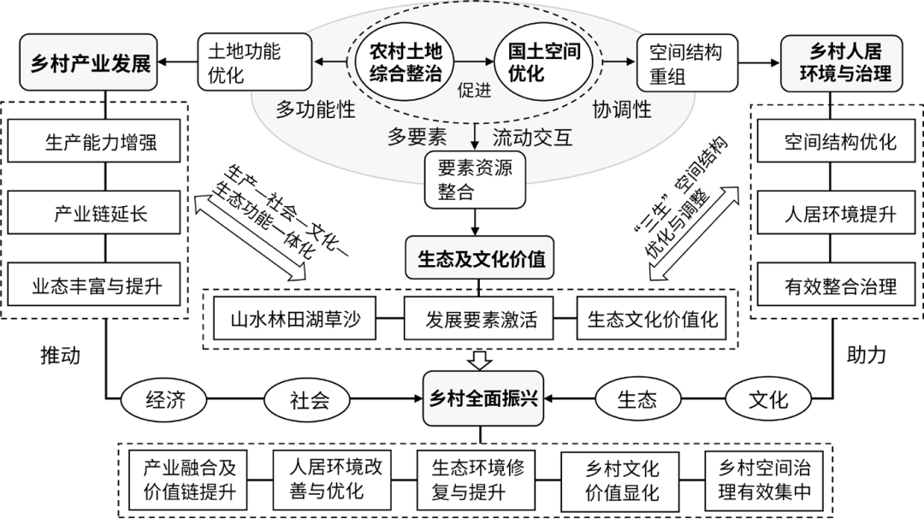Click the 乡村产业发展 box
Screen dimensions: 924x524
88,62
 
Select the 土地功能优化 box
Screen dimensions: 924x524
254,62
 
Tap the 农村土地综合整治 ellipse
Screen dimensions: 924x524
406,62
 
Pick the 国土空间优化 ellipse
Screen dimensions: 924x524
544,62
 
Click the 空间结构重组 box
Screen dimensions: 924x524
687,62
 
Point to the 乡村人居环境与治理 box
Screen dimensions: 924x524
842,63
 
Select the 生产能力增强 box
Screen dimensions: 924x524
94,141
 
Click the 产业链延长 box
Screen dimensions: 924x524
94,213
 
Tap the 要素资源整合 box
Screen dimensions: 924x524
475,180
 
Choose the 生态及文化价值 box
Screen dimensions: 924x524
480,258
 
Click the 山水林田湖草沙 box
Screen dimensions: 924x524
294,319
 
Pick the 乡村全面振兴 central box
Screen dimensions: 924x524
483,398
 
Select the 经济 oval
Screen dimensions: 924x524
163,400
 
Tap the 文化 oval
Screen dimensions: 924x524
768,400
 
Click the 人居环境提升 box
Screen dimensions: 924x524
836,213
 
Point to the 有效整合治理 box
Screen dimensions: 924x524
836,285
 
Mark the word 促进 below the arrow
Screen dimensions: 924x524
474,91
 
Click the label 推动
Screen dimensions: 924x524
60,355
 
